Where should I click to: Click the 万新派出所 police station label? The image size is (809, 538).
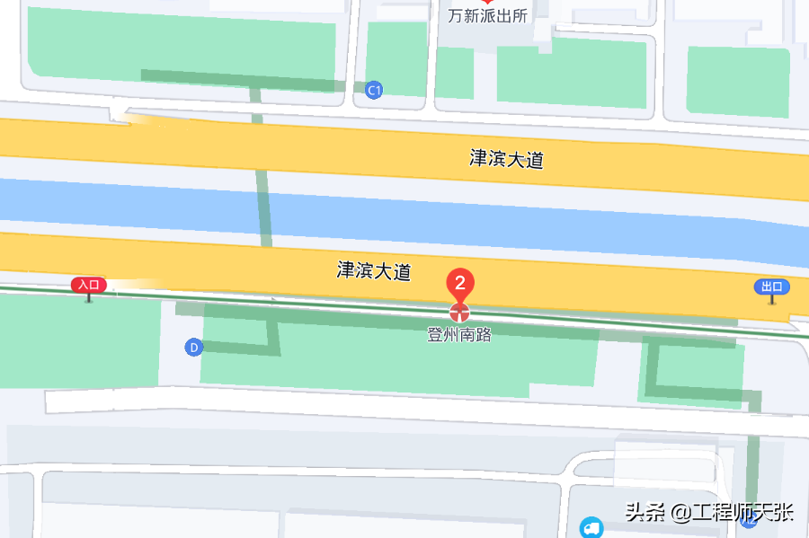coord(488,16)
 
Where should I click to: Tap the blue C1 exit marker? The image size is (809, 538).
coord(375,90)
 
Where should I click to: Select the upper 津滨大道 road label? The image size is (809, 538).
coord(507,159)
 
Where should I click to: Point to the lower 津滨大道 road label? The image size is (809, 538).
coord(374,270)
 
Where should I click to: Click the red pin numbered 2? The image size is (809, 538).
coord(460,284)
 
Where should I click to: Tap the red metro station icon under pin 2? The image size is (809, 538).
coord(459,312)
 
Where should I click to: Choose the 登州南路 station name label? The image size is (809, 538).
coord(459,335)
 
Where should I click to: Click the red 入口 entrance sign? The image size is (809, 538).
coord(89,285)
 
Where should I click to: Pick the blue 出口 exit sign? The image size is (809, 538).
coord(771,287)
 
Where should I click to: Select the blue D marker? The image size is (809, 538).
coord(192,347)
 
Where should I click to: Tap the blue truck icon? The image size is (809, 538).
coord(591,528)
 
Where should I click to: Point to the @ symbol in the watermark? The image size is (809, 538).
coord(680,513)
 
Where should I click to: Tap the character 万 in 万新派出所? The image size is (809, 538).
coord(456,16)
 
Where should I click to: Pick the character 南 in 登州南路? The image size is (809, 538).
coord(467,335)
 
